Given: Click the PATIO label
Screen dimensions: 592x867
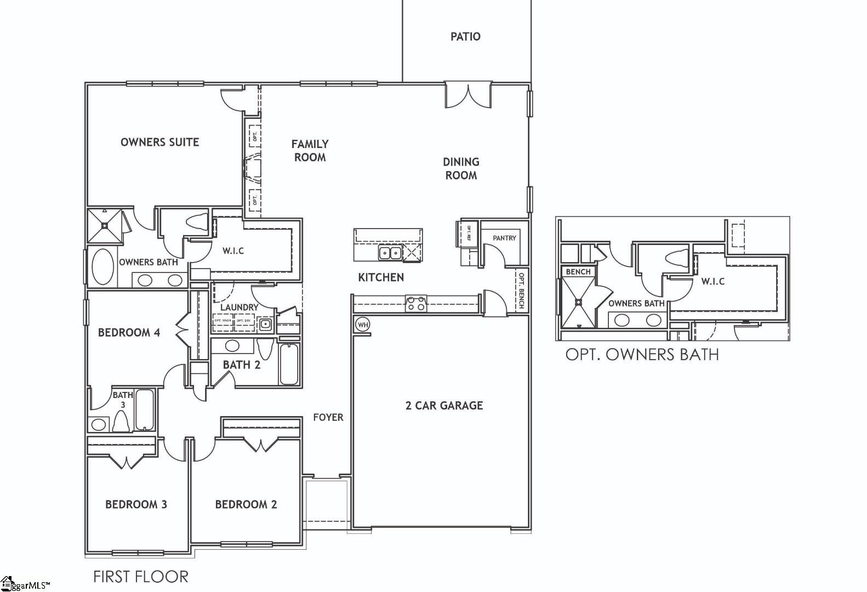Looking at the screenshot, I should (465, 37).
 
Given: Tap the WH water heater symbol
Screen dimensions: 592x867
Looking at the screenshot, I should (362, 325).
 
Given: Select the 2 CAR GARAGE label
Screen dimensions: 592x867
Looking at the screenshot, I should (444, 406).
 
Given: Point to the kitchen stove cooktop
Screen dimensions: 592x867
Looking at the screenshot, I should (415, 303).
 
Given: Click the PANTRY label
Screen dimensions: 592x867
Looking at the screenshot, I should (504, 238).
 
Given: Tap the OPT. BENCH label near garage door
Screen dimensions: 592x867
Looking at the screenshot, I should (522, 291).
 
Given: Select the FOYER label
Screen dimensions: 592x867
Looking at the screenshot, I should (328, 417).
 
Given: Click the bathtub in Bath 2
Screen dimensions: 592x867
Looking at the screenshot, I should (289, 364).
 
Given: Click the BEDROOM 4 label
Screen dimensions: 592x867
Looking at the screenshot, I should (129, 333).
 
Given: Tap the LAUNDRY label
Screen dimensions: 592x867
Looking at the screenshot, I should (239, 308).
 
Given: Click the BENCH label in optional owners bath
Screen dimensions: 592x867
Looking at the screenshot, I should (578, 272).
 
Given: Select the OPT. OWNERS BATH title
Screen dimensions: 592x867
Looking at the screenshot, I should (642, 355).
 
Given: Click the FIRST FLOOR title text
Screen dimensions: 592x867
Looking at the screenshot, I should (141, 577).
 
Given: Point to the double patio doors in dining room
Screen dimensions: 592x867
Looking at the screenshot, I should (467, 95).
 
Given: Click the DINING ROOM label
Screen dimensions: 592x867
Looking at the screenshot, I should (461, 168).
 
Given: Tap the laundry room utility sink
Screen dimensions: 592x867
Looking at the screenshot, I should (265, 325).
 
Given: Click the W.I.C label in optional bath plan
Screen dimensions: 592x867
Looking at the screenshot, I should (713, 281).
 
